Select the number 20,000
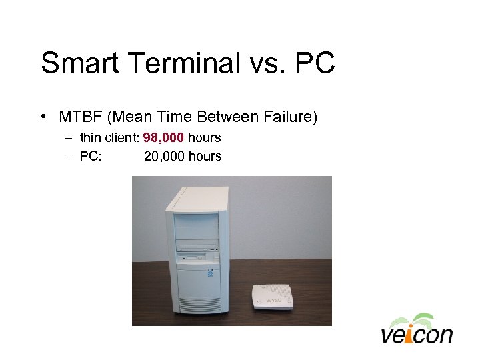point(163,157)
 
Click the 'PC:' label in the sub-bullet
point(90,157)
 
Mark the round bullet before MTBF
point(43,118)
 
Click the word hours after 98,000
point(204,139)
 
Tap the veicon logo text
point(417,334)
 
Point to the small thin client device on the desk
point(272,297)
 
